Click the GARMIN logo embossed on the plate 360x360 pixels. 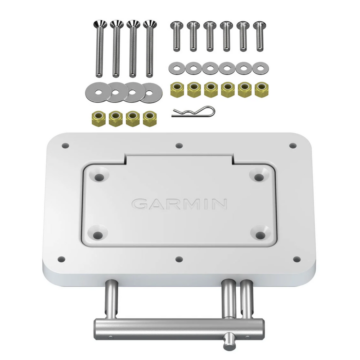pyautogui.click(x=180, y=204)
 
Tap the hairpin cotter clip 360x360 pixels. pyautogui.click(x=193, y=112)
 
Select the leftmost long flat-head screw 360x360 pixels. pyautogui.click(x=100, y=48)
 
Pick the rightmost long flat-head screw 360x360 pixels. pyautogui.click(x=150, y=48)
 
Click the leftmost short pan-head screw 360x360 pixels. pyautogui.click(x=176, y=36)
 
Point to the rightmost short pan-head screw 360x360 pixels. pyautogui.click(x=260, y=36)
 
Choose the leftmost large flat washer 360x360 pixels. pyautogui.click(x=96, y=92)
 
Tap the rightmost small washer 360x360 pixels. pyautogui.click(x=260, y=68)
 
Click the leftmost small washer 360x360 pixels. pyautogui.click(x=177, y=68)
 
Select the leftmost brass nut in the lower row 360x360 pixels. pyautogui.click(x=98, y=118)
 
